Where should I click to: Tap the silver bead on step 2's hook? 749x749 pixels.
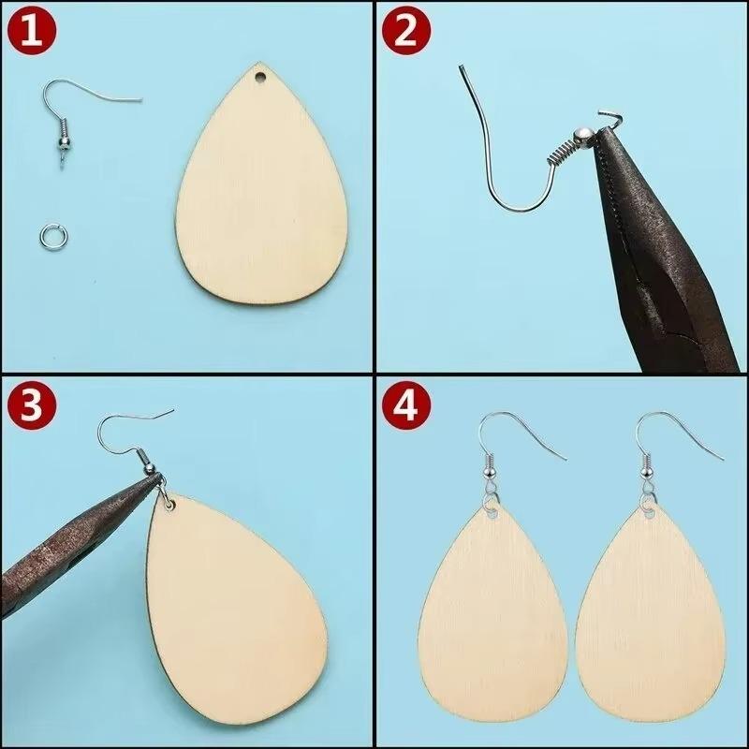pyautogui.click(x=582, y=137)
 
